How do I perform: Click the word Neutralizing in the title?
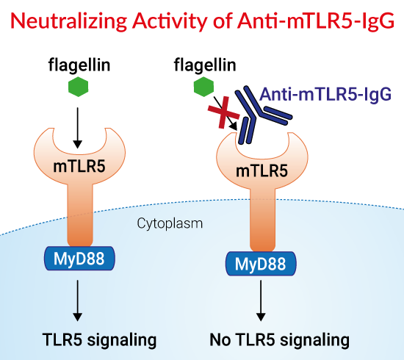69,21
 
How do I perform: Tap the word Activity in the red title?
170,21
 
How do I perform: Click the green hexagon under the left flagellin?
79,87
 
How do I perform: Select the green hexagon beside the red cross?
203,87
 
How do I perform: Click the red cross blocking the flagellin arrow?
223,112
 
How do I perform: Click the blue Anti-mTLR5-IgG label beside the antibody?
325,95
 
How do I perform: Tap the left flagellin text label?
79,65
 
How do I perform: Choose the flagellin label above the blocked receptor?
205,65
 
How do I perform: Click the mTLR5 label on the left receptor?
79,166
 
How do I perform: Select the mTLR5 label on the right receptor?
261,171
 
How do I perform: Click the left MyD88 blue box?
79,259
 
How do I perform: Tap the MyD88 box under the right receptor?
261,264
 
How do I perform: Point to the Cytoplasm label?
170,223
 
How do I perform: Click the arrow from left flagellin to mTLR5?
78,128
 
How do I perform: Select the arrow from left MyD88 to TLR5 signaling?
78,300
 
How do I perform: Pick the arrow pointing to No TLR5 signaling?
261,300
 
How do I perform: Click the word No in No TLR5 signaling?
220,340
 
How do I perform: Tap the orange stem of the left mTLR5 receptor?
80,214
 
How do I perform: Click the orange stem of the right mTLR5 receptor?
262,219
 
